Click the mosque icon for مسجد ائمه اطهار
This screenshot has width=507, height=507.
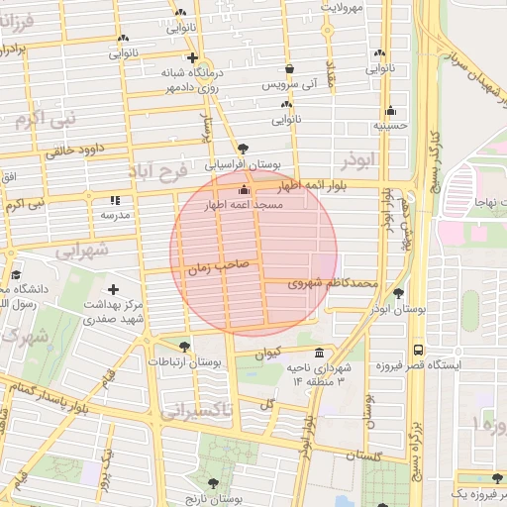tap(245, 189)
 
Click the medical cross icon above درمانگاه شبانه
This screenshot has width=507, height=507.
tap(192, 57)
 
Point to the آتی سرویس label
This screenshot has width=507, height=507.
tap(287, 86)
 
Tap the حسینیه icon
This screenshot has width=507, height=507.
tap(390, 111)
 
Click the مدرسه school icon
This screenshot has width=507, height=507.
tap(115, 200)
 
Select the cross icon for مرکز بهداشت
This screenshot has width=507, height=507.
tap(114, 289)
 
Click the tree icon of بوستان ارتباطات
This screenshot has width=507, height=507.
tap(185, 346)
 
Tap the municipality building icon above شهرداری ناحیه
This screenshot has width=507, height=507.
tap(318, 354)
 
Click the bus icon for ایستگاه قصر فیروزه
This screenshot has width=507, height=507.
tap(418, 350)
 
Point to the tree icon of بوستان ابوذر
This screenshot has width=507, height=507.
tap(398, 293)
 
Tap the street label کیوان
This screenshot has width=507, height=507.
tap(268, 353)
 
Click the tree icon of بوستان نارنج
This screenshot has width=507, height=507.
tap(213, 483)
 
